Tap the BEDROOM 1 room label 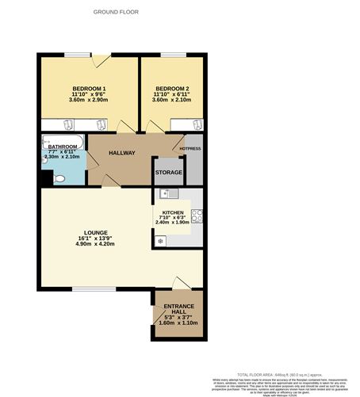pos(89,87)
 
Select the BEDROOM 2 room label pos(172,87)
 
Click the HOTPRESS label pos(190,148)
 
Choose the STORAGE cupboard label pos(168,172)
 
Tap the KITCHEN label pos(173,213)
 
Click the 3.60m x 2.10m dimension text pos(172,100)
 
